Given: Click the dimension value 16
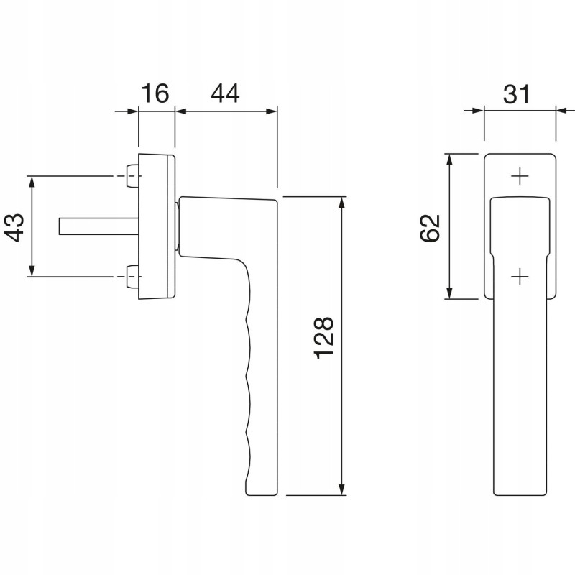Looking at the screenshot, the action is tap(155, 93).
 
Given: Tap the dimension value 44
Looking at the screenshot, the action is tap(225, 93).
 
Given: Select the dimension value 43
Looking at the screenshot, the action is tap(15, 227).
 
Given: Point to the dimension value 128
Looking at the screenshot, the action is tap(324, 337).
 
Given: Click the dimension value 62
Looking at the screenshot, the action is tap(430, 227).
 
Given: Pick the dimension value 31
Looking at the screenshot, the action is tap(516, 94).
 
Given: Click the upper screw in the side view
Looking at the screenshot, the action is tap(132, 176).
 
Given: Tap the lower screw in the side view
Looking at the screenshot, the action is tap(132, 277).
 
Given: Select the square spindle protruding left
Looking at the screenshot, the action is tap(98, 226).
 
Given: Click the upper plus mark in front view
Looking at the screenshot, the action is tap(520, 177).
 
